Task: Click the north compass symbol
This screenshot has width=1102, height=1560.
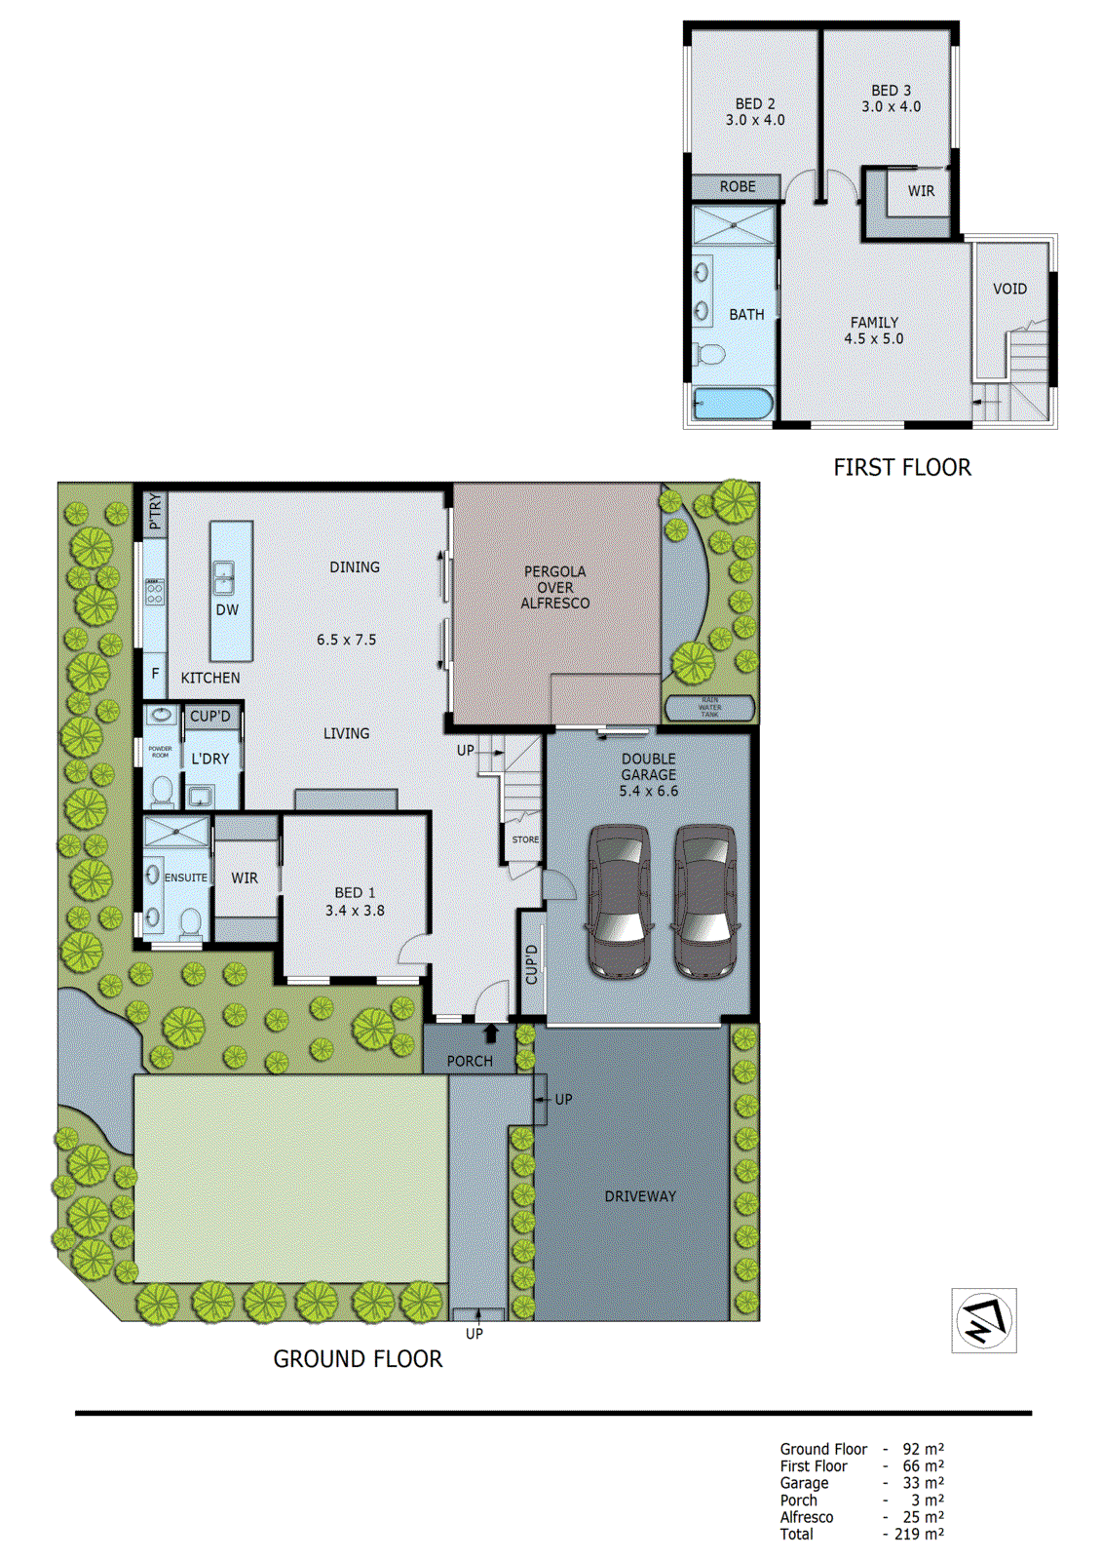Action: (984, 1320)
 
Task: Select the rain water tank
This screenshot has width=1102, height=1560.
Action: (709, 707)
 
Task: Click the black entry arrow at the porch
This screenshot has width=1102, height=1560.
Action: (491, 1033)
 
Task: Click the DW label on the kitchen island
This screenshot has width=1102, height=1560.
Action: (227, 609)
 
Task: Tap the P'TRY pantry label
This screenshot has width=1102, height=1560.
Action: (155, 512)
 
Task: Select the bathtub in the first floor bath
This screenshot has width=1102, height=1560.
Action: (733, 403)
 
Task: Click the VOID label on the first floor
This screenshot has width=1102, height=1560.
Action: (1009, 289)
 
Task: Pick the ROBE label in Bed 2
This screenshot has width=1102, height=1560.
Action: (738, 186)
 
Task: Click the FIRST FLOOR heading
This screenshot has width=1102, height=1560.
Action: (901, 467)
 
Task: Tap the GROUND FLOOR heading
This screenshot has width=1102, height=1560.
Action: (357, 1358)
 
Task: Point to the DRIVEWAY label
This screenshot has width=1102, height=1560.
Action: (640, 1195)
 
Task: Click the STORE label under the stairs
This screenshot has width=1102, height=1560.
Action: (525, 839)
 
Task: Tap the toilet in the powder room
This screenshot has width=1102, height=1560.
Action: (162, 789)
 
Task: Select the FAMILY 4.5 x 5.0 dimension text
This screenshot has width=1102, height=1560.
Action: (874, 338)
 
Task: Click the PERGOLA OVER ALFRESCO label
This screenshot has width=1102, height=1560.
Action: (555, 587)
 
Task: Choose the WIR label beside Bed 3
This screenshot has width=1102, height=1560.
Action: (921, 191)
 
